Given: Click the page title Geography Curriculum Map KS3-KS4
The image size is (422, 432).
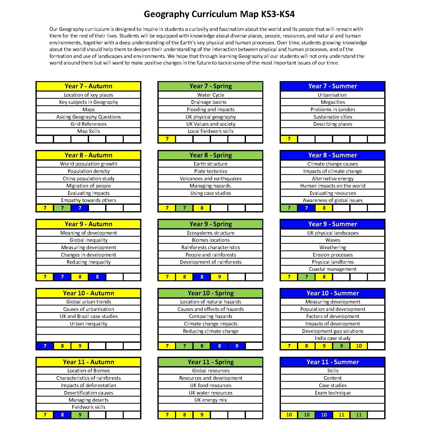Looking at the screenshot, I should click(219, 14).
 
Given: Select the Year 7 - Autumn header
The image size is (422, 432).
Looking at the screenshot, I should click(88, 86).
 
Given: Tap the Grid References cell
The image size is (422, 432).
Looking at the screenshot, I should click(88, 124).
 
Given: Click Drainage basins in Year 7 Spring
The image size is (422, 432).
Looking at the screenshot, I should click(210, 102).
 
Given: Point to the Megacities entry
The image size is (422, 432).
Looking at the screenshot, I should click(332, 102).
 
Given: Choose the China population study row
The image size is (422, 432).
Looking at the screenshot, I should click(88, 179).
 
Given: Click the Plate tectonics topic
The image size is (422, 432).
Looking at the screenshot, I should click(210, 171).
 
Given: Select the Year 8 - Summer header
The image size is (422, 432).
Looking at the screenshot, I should click(332, 155).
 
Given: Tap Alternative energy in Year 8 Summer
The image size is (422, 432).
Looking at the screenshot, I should click(332, 179).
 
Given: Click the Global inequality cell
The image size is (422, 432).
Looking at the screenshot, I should click(88, 240).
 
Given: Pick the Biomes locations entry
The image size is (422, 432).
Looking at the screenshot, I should click(210, 240).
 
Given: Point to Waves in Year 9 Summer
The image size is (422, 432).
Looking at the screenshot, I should click(332, 240).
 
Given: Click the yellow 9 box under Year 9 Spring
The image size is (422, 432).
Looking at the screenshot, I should click(219, 277).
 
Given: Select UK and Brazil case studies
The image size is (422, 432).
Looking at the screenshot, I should click(88, 316).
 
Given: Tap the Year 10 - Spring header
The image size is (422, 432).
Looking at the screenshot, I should click(210, 293).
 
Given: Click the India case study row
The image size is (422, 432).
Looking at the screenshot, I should click(332, 338).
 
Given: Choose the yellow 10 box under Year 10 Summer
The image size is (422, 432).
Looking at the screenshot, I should click(359, 346).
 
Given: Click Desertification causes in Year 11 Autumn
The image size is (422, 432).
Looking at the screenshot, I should click(88, 393).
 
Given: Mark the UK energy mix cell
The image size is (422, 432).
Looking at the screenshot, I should click(210, 400).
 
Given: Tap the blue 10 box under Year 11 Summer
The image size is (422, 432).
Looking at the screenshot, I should click(324, 415).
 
